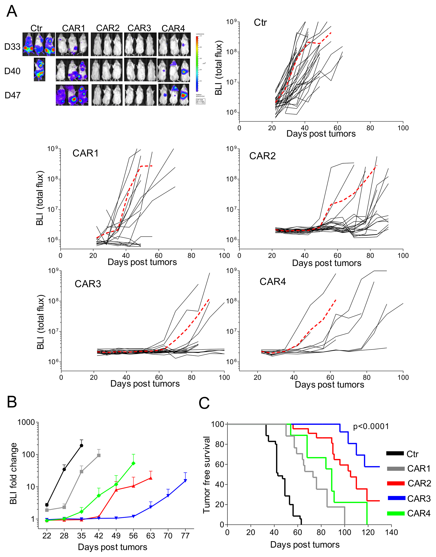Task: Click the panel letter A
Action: pyautogui.click(x=12, y=12)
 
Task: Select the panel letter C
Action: pyautogui.click(x=204, y=403)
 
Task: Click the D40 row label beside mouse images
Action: pyautogui.click(x=12, y=71)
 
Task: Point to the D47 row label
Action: pyautogui.click(x=13, y=95)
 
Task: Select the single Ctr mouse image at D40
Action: pyautogui.click(x=39, y=69)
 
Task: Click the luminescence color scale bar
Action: pyautogui.click(x=197, y=64)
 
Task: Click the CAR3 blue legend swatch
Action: pyautogui.click(x=396, y=498)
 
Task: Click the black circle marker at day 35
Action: pyautogui.click(x=81, y=445)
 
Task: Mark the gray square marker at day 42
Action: pyautogui.click(x=99, y=455)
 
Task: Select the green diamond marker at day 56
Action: pyautogui.click(x=133, y=463)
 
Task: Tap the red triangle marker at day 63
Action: pyautogui.click(x=151, y=478)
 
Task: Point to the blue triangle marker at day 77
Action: pyautogui.click(x=185, y=481)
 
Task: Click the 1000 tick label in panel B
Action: pyautogui.click(x=26, y=422)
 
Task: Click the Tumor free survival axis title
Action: pyautogui.click(x=206, y=475)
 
